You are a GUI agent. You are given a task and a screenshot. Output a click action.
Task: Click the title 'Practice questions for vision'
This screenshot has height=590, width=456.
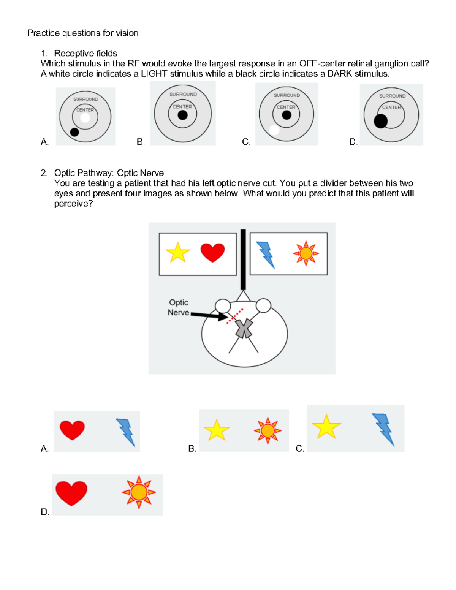pos(82,33)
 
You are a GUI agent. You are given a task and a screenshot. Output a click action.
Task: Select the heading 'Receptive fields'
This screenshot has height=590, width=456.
pos(85,53)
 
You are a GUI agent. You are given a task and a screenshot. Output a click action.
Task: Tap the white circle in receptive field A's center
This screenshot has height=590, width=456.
pos(85,118)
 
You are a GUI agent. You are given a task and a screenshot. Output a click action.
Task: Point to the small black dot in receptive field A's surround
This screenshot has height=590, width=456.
pos(74,132)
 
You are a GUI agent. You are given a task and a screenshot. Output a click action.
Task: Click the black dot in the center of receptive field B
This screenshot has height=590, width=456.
pos(183,115)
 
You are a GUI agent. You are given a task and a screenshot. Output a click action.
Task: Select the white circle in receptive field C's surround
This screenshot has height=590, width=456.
pos(274,130)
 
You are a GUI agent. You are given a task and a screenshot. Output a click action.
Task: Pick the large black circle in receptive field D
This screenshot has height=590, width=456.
pos(381,121)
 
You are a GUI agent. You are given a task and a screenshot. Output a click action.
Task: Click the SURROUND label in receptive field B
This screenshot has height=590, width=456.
pos(183,94)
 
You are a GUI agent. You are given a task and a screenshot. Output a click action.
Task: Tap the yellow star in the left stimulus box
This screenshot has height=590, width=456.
pos(177,253)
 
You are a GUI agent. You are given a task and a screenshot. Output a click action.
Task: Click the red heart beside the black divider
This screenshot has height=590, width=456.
pos(212,253)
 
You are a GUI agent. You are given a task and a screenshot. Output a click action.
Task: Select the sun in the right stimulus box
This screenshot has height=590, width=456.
pos(306,253)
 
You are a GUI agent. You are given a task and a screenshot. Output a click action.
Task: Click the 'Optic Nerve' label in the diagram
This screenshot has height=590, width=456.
pos(179,307)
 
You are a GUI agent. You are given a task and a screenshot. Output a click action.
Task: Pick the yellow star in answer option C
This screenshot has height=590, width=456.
pos(326,427)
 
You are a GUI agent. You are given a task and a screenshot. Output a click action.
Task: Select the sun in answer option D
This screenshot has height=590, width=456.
pos(139,492)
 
